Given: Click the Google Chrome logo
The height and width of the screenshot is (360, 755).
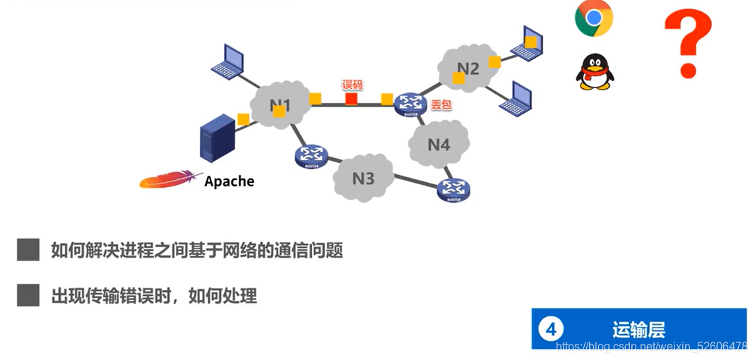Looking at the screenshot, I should pyautogui.click(x=593, y=18).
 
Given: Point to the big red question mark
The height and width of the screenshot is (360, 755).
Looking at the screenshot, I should pyautogui.click(x=686, y=42).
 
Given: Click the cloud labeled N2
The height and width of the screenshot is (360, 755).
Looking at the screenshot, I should pyautogui.click(x=468, y=69).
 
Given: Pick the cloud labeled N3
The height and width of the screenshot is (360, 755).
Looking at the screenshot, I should pyautogui.click(x=363, y=178).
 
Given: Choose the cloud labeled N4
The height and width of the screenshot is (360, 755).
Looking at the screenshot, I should pyautogui.click(x=439, y=144).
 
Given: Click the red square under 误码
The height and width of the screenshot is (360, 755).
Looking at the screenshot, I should pyautogui.click(x=351, y=99).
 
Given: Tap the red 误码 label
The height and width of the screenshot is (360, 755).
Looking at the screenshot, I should pyautogui.click(x=352, y=85).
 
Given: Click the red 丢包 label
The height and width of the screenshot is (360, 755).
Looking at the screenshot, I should pyautogui.click(x=441, y=104).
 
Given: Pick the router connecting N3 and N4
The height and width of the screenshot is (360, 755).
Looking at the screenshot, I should pyautogui.click(x=453, y=188).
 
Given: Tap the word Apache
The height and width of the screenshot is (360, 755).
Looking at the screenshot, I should pyautogui.click(x=229, y=181).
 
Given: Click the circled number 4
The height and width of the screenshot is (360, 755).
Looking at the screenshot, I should pyautogui.click(x=551, y=329).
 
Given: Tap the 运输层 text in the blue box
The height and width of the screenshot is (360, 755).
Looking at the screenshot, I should pyautogui.click(x=638, y=329).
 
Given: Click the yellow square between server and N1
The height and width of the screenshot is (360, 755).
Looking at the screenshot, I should pyautogui.click(x=243, y=119).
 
